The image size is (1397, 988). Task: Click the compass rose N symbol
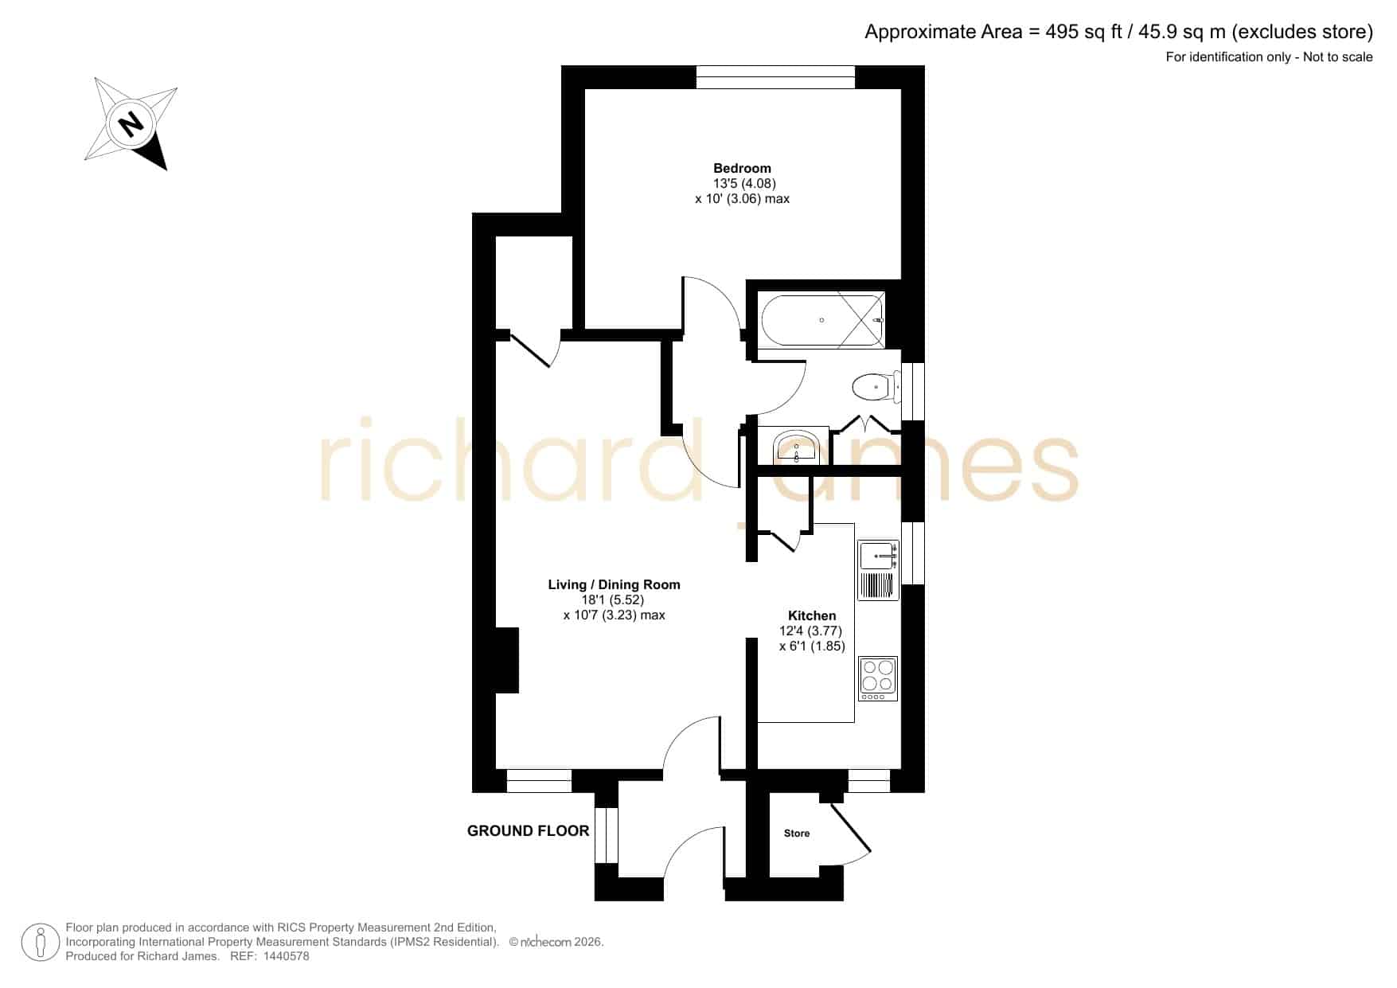(131, 124)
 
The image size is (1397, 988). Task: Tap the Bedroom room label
(742, 168)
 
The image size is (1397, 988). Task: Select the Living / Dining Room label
(614, 584)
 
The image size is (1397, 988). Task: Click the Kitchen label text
(812, 615)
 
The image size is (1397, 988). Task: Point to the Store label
(797, 834)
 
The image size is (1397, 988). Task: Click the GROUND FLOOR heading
(528, 831)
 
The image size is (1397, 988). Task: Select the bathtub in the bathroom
(822, 320)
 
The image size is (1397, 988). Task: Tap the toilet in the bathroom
(876, 388)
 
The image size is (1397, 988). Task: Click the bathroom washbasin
(796, 447)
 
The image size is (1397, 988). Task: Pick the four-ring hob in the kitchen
(878, 678)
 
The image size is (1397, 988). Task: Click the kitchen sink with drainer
(878, 570)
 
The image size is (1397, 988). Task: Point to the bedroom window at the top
(775, 77)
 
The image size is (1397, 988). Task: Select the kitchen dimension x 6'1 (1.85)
(812, 646)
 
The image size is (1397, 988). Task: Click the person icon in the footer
(40, 943)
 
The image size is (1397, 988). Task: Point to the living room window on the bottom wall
(539, 781)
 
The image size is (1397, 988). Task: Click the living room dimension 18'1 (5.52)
(613, 600)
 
